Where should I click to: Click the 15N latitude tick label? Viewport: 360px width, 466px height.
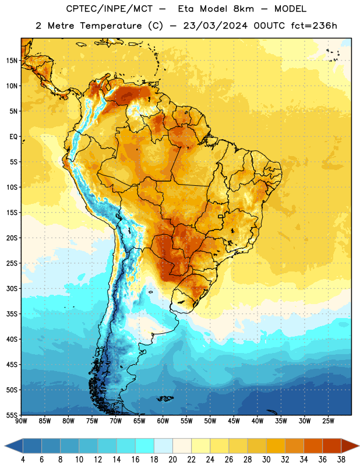point(12,61)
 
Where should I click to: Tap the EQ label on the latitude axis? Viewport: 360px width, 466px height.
point(13,137)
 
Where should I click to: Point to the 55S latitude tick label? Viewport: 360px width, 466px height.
point(12,415)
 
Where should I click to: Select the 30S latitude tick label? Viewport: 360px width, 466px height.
point(12,288)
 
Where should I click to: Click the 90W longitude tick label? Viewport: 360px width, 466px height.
point(21,421)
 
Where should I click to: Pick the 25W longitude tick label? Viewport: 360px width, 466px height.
point(328,421)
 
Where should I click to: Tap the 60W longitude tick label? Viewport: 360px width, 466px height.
point(163,421)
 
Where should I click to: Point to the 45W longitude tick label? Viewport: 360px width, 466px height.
point(234,421)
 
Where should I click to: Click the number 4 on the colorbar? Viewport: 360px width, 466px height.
point(23,460)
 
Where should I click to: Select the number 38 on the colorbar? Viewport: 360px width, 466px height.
point(341,460)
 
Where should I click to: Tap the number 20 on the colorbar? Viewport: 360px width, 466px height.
point(172,460)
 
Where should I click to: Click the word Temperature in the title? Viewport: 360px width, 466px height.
point(111,26)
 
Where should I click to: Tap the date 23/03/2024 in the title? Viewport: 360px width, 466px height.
point(215,26)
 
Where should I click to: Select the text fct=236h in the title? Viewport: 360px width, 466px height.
point(314,26)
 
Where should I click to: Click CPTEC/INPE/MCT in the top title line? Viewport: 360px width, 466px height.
point(110,9)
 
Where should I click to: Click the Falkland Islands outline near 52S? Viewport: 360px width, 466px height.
point(165,398)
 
